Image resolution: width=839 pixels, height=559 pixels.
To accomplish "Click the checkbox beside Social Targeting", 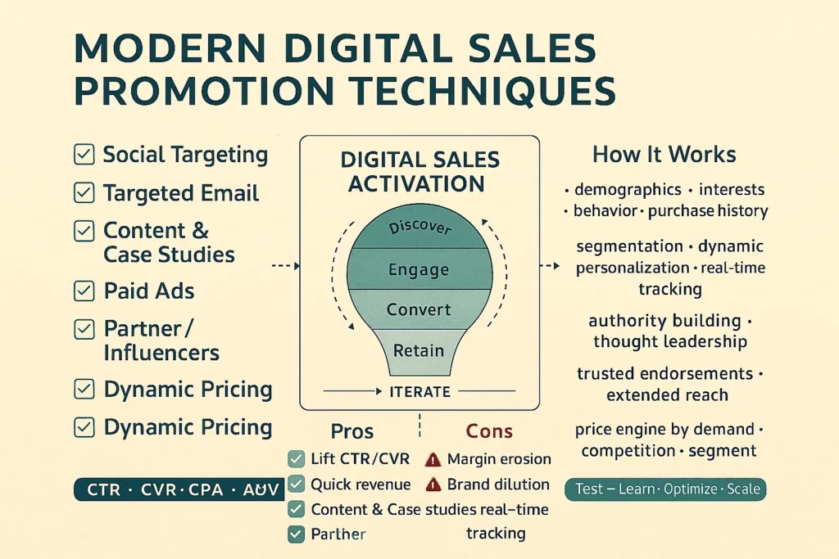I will [84, 154].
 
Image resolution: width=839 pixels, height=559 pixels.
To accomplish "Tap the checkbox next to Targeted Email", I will [84, 192].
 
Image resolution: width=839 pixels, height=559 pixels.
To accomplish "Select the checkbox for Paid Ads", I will [84, 290].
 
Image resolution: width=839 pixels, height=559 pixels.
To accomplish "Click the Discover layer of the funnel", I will [419, 227].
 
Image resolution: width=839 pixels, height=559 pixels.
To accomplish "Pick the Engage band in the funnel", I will [419, 269].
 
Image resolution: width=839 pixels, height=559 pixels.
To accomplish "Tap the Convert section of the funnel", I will [419, 309].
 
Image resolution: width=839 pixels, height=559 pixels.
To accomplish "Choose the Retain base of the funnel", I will [419, 350].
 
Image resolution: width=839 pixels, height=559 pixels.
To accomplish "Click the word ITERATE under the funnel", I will [419, 392].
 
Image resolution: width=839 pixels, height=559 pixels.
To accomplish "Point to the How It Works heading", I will [664, 155].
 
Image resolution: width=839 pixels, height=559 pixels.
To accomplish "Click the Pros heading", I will [351, 431].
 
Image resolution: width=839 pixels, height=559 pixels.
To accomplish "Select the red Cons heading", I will [489, 431].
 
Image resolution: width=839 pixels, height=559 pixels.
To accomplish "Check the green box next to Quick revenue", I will [297, 485].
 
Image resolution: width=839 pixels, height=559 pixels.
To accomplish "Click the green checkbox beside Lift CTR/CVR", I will [297, 459].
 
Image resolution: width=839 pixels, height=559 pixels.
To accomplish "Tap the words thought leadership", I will [669, 341].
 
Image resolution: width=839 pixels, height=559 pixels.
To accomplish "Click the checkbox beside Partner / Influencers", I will [84, 329].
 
